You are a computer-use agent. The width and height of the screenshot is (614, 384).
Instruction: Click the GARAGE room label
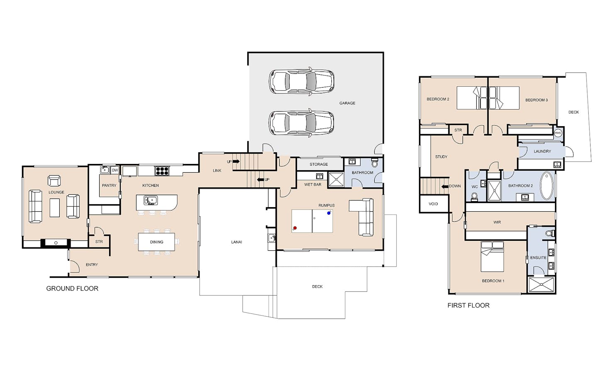click(x=347, y=103)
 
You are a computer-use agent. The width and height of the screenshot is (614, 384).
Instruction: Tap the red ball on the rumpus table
click(x=295, y=228)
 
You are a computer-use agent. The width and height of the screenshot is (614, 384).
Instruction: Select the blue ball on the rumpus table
click(x=329, y=213)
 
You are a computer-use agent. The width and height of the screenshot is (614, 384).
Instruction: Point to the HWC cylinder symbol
click(x=558, y=133)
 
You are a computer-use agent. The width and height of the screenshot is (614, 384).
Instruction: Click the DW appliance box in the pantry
click(x=115, y=170)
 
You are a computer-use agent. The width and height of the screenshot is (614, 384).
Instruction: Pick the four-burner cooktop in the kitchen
click(x=162, y=171)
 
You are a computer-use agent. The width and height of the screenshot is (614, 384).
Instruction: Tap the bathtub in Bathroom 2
click(x=546, y=186)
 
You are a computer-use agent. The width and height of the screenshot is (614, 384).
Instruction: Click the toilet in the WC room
click(x=474, y=196)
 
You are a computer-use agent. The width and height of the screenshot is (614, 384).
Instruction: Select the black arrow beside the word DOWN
click(x=445, y=186)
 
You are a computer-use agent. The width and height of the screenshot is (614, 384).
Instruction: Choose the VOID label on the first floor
click(x=433, y=204)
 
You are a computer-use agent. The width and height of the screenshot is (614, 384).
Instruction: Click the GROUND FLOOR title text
click(x=72, y=289)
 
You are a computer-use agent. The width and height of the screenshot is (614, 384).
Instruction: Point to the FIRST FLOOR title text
click(x=468, y=305)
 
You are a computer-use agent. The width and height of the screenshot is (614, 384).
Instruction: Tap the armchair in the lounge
click(x=54, y=181)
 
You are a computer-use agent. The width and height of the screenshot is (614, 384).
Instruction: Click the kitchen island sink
click(x=151, y=200)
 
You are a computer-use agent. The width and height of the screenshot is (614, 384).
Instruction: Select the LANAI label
click(x=236, y=242)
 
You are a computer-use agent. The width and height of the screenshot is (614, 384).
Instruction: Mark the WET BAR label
click(x=312, y=185)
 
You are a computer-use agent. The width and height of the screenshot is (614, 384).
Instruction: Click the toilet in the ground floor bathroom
click(x=375, y=162)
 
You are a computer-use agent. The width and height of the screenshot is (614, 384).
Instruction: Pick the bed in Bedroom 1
click(x=492, y=257)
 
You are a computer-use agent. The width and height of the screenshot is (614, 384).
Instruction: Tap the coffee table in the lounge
click(x=54, y=208)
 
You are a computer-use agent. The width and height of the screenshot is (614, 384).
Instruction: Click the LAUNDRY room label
click(x=542, y=152)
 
